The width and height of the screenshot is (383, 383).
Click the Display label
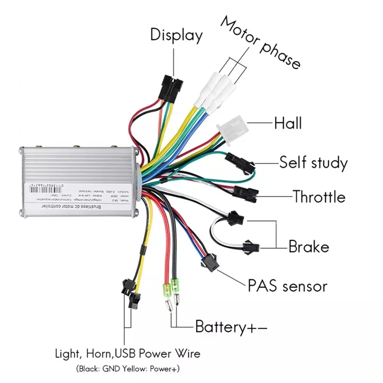pyautogui.click(x=176, y=35)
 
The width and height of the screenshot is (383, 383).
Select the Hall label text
pyautogui.click(x=288, y=123)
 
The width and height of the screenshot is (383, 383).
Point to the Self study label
pyautogui.click(x=313, y=163)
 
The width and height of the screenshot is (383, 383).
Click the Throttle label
pyautogui.click(x=319, y=196)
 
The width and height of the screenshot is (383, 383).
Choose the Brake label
pyautogui.click(x=309, y=247)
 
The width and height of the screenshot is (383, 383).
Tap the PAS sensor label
pyautogui.click(x=287, y=286)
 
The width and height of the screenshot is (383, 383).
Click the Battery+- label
pyautogui.click(x=231, y=327)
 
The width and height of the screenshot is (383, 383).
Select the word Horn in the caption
pyautogui.click(x=99, y=354)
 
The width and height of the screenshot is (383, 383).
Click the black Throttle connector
pyautogui.click(x=248, y=193)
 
